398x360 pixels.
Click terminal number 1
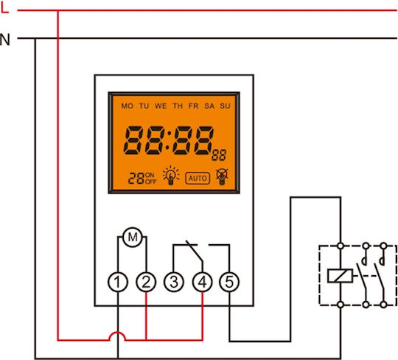click(x=118, y=282)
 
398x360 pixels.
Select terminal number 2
click(x=146, y=282)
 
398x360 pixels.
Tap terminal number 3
click(x=174, y=282)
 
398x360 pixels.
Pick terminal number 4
click(x=202, y=282)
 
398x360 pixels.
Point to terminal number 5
click(x=229, y=282)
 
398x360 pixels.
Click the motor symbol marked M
click(x=133, y=237)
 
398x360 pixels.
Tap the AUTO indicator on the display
click(x=198, y=178)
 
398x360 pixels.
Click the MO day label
click(x=128, y=106)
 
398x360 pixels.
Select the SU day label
click(x=225, y=106)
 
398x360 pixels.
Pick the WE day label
click(x=161, y=106)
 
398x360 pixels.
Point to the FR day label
click(x=194, y=106)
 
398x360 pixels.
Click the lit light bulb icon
click(x=171, y=176)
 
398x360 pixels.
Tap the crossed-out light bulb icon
click(x=222, y=176)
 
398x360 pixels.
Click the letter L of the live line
click(x=5, y=9)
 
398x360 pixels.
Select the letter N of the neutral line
click(x=5, y=40)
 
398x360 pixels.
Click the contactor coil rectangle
click(x=340, y=276)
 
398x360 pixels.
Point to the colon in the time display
click(x=167, y=140)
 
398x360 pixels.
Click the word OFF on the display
click(x=151, y=181)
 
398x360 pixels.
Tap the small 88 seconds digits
click(x=219, y=155)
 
